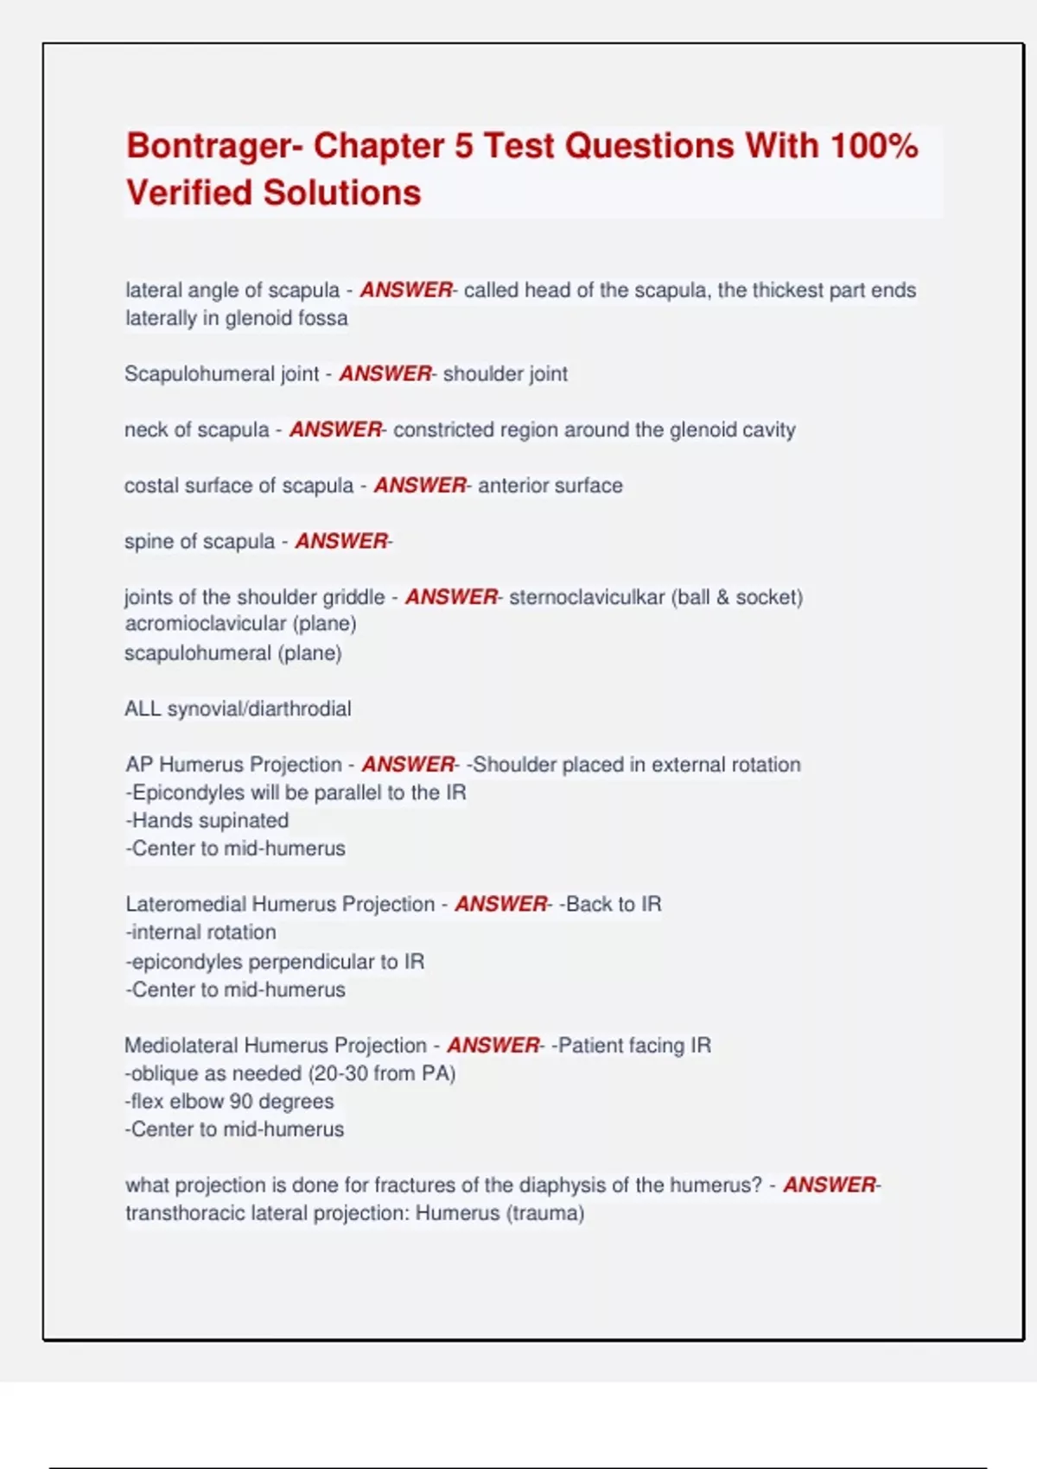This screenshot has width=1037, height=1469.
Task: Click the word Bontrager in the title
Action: pyautogui.click(x=208, y=147)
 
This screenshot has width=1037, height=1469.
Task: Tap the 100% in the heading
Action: pyautogui.click(x=874, y=146)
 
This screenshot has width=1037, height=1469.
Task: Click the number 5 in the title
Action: pyautogui.click(x=463, y=146)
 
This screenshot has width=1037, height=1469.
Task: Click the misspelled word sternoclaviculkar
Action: pyautogui.click(x=587, y=597)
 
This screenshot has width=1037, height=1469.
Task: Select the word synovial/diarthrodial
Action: pyautogui.click(x=259, y=709)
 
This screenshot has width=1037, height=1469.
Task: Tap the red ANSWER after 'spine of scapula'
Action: pyautogui.click(x=342, y=541)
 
